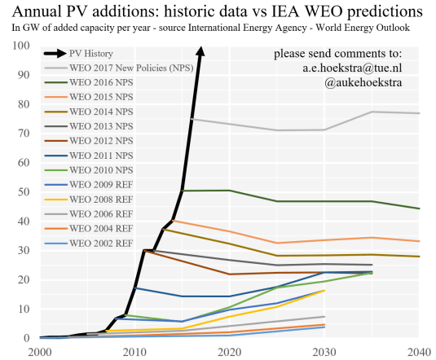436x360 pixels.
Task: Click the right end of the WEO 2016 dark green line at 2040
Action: click(419, 209)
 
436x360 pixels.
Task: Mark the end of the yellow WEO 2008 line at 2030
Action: click(324, 290)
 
